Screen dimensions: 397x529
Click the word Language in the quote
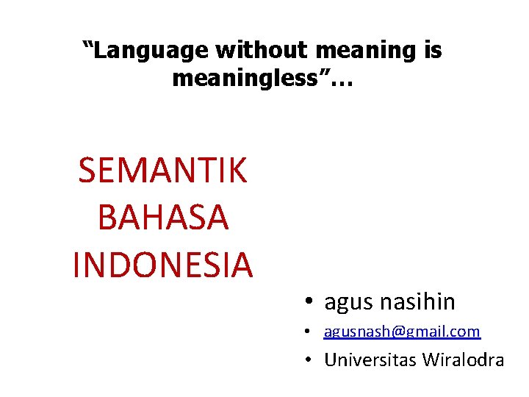pyautogui.click(x=151, y=51)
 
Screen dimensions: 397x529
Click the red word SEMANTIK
pyautogui.click(x=162, y=171)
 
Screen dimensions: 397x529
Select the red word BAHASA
pyautogui.click(x=162, y=218)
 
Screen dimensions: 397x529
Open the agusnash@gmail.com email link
pyautogui.click(x=402, y=332)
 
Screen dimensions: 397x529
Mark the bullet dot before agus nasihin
pyautogui.click(x=312, y=302)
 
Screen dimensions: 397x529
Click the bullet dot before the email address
pyautogui.click(x=312, y=333)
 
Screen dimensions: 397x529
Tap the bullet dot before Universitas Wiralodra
pyautogui.click(x=312, y=361)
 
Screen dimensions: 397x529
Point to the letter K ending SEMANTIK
pyautogui.click(x=236, y=171)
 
